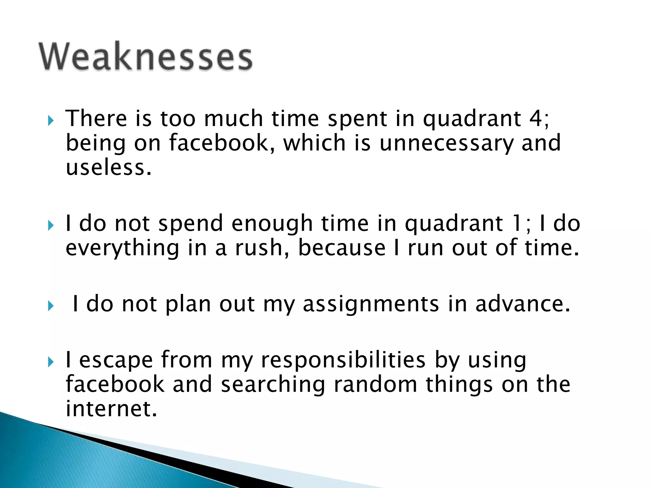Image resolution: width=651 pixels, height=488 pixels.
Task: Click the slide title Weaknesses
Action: pos(146,56)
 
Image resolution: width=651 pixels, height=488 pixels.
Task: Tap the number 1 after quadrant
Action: pos(517,224)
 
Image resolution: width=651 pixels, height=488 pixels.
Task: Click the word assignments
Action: pos(371,304)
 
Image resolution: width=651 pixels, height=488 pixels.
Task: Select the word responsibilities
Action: pos(343,360)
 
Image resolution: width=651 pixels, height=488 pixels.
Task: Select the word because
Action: pos(342,248)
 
